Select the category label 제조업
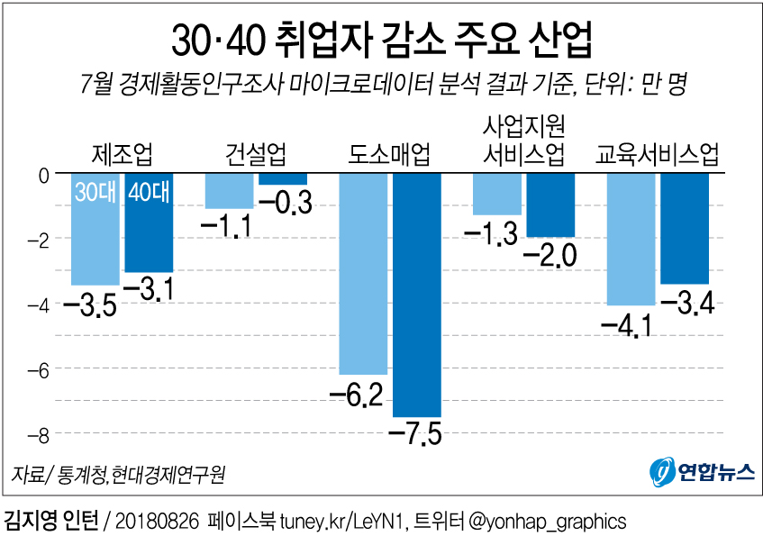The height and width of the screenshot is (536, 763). point(122,154)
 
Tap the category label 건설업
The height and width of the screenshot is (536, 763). point(256,154)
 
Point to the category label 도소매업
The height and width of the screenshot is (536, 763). point(389,154)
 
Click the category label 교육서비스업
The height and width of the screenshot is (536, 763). point(658,154)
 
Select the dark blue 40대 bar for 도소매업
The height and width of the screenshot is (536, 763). point(416,297)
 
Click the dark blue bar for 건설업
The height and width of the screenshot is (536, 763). point(283,178)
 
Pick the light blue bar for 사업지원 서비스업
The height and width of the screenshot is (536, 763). point(497,194)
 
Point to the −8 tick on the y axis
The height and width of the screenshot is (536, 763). point(37,436)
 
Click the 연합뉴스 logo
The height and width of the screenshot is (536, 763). point(702,472)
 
